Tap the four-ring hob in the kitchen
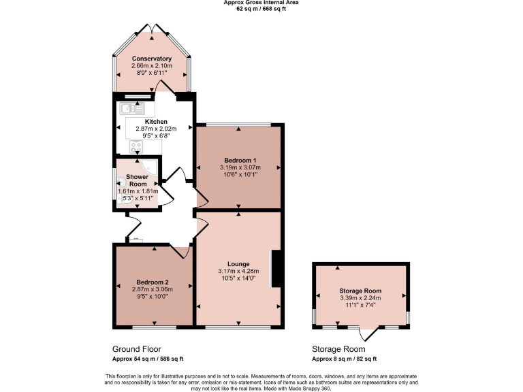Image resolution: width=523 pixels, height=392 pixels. (x=132, y=146)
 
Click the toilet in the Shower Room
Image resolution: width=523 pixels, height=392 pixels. (x=122, y=182)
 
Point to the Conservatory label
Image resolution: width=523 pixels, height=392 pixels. (x=152, y=59)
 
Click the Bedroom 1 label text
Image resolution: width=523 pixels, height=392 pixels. (x=237, y=160)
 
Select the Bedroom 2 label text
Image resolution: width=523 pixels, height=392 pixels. (x=152, y=282)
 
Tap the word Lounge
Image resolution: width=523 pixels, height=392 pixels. (x=238, y=264)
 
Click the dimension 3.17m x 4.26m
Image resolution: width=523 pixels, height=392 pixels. (x=238, y=271)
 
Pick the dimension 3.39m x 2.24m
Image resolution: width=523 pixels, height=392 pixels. (x=360, y=298)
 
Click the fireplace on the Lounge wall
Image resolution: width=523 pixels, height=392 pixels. (x=275, y=269)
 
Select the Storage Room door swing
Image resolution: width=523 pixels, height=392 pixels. (x=368, y=333)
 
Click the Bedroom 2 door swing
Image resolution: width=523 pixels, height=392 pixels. (x=180, y=251)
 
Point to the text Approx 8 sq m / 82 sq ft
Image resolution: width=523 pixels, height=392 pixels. (x=344, y=359)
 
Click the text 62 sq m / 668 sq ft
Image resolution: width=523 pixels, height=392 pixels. (x=261, y=8)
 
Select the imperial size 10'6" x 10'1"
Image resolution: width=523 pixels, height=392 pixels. (x=237, y=174)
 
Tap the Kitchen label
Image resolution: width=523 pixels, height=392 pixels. (x=156, y=121)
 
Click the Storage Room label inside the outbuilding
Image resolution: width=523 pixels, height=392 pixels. (x=360, y=291)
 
